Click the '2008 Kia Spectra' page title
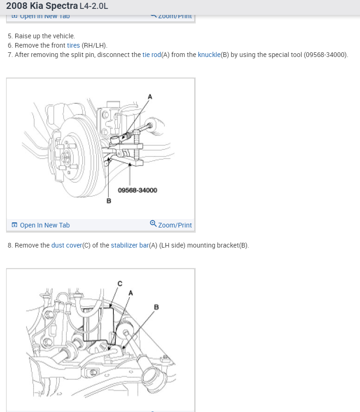[42, 7]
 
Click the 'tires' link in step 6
[74, 45]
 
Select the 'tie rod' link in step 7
[151, 55]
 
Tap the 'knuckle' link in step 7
[209, 55]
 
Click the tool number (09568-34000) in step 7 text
[325, 55]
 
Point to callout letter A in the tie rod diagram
[150, 96]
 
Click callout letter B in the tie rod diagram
[109, 201]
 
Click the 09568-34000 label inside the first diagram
[137, 190]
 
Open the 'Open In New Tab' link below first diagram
[44, 225]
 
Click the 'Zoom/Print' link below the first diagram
[175, 225]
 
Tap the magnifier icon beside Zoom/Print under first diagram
[153, 224]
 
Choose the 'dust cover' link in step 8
[66, 245]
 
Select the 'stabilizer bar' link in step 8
[129, 245]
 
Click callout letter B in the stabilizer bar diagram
[156, 307]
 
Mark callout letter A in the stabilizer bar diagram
[131, 293]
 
